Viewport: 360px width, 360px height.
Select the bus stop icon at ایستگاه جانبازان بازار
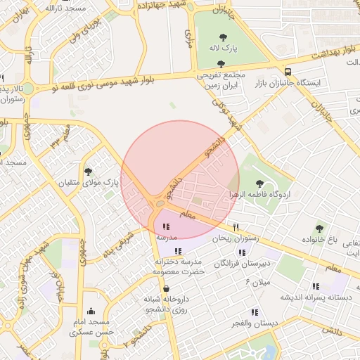click(x=288, y=71)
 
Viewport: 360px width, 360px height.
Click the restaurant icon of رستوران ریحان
click(x=236, y=227)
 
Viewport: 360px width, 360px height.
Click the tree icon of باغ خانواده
click(x=320, y=229)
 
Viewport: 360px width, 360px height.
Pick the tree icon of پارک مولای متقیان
click(x=88, y=171)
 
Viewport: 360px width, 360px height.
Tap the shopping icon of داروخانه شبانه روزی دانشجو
click(x=165, y=288)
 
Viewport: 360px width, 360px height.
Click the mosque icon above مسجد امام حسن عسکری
click(x=90, y=311)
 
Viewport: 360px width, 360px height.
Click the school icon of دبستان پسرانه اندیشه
click(x=316, y=286)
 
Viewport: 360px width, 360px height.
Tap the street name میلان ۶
click(x=257, y=282)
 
